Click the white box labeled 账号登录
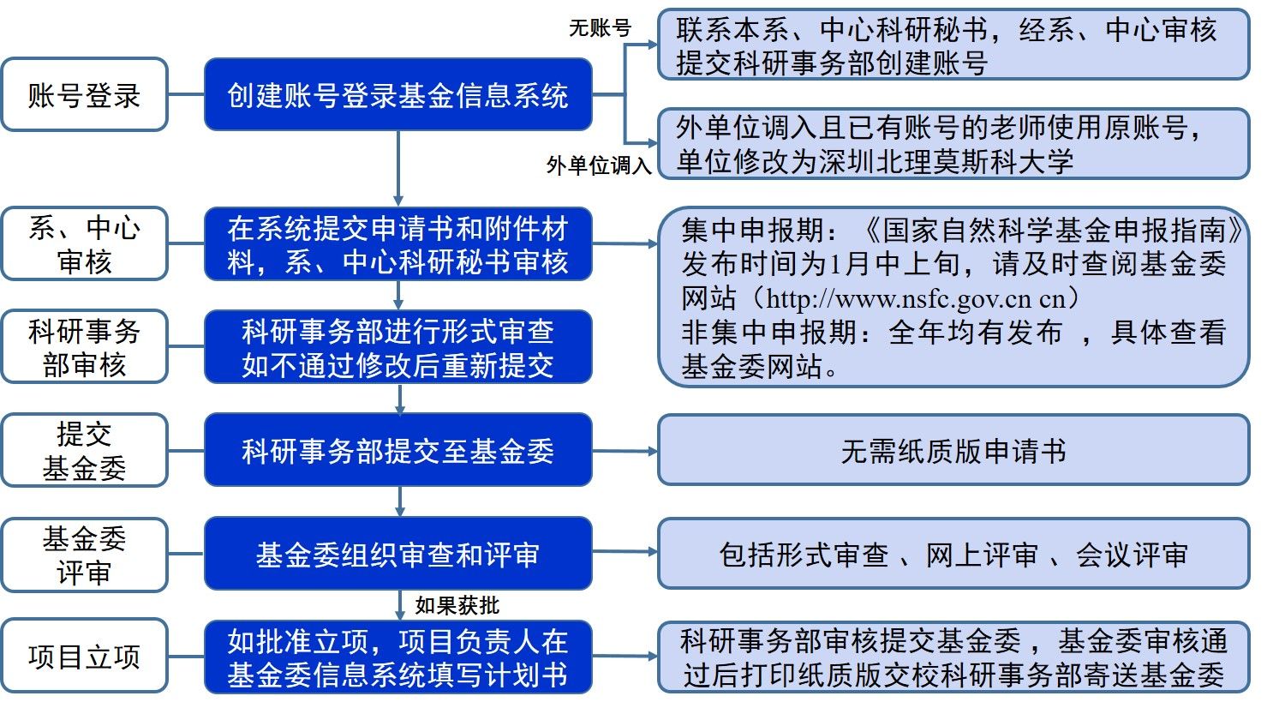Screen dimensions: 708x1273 84,95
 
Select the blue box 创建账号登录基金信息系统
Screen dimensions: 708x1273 397,95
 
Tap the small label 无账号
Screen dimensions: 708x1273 600,28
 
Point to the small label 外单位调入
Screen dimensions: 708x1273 599,165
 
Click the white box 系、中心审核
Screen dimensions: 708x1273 84,244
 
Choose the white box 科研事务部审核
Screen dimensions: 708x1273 84,347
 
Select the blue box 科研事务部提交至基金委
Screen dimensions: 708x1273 397,451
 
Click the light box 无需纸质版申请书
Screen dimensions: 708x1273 953,451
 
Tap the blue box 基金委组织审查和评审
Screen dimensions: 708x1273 397,555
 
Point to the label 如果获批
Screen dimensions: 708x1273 457,605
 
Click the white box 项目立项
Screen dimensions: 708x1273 84,657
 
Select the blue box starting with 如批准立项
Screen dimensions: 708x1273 397,657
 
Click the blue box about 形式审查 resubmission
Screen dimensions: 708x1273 397,347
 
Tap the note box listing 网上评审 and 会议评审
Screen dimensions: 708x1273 953,555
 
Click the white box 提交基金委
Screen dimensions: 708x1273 84,451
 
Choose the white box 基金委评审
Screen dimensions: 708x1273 84,555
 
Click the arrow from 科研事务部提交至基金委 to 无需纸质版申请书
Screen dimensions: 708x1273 625,451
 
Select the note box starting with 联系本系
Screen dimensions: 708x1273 953,45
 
